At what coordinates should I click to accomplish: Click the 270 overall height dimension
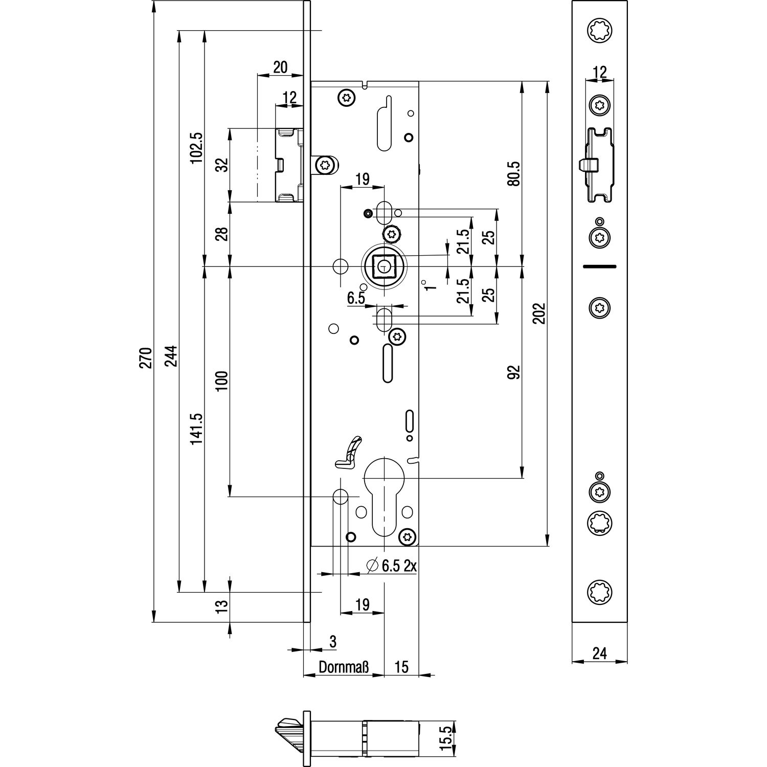[146, 357]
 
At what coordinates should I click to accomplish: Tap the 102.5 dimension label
[197, 148]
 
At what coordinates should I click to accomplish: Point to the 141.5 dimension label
[197, 430]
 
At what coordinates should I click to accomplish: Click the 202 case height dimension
[540, 313]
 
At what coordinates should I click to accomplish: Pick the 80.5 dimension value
[514, 173]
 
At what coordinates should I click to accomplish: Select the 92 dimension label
[514, 372]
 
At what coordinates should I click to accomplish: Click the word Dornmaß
[344, 668]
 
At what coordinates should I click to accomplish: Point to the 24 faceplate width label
[599, 653]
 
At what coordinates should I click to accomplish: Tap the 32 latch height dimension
[221, 165]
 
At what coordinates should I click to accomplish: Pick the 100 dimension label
[221, 381]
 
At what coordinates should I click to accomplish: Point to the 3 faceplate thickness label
[332, 642]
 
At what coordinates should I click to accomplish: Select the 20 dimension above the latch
[280, 67]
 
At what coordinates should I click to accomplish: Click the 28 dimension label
[221, 234]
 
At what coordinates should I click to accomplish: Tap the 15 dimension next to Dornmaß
[401, 668]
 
